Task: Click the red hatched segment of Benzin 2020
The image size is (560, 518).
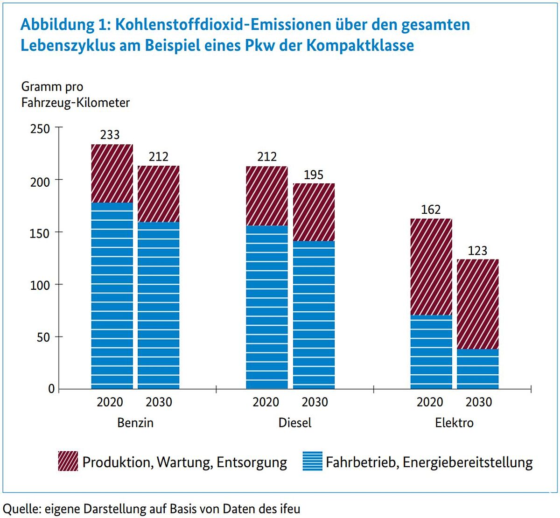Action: (112, 173)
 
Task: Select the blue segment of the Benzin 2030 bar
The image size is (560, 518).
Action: (159, 305)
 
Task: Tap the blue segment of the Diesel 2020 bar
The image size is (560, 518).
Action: (267, 307)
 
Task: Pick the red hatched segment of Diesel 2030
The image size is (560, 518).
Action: (314, 212)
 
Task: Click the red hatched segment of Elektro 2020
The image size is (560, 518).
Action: (431, 266)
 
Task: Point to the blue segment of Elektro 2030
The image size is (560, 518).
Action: (477, 369)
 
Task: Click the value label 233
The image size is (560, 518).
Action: (110, 135)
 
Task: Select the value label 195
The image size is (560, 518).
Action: (314, 175)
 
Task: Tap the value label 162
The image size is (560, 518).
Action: (431, 210)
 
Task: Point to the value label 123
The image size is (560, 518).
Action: (477, 251)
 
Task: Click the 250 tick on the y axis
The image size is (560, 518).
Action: (40, 128)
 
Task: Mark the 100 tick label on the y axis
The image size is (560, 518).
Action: (40, 285)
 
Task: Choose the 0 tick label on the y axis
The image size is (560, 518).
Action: (51, 389)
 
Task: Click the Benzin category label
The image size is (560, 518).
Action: (135, 423)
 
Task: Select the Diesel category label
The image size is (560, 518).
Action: (295, 423)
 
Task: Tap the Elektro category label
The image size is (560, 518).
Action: (454, 423)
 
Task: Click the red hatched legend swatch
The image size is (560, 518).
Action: (68, 462)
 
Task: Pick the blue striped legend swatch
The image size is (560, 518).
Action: (312, 462)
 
